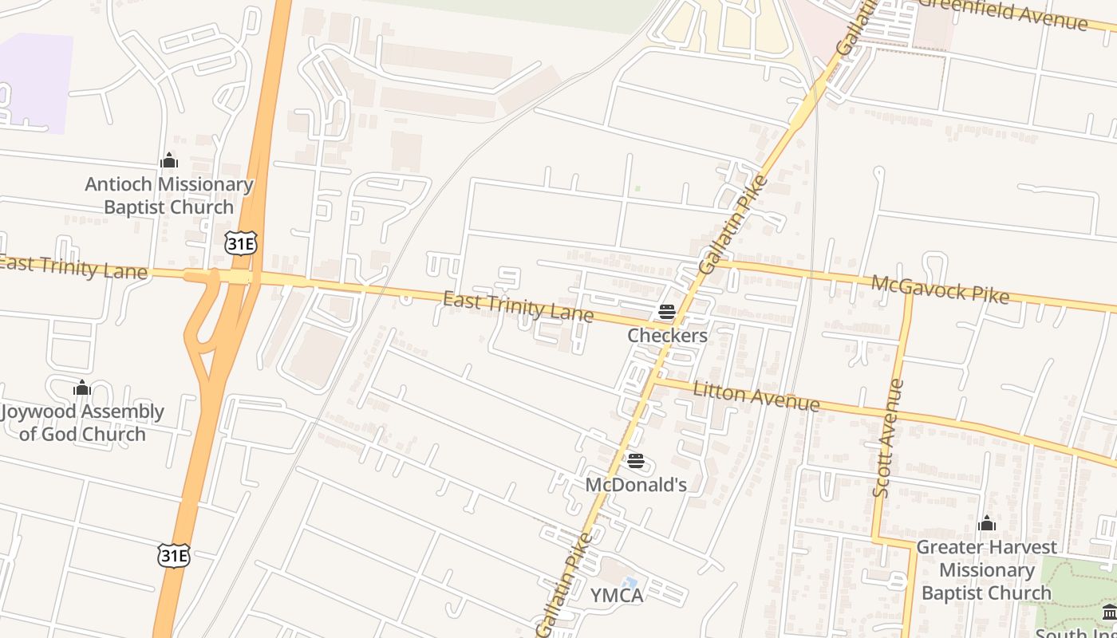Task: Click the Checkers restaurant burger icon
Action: click(x=667, y=312)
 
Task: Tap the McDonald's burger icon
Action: click(x=636, y=461)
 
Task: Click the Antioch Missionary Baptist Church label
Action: click(x=169, y=196)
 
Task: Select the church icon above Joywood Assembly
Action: click(x=82, y=388)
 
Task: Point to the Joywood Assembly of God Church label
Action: click(x=82, y=423)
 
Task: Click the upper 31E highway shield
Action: click(x=241, y=244)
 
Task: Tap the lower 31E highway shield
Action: click(x=174, y=555)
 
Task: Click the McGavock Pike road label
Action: click(x=940, y=289)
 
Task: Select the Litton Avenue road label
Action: click(x=756, y=396)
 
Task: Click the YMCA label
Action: click(x=616, y=596)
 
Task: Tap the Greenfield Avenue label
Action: click(x=1004, y=14)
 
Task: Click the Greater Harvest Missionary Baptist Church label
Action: click(x=986, y=570)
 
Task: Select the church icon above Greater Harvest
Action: click(x=987, y=524)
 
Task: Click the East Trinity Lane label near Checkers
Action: click(x=518, y=307)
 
